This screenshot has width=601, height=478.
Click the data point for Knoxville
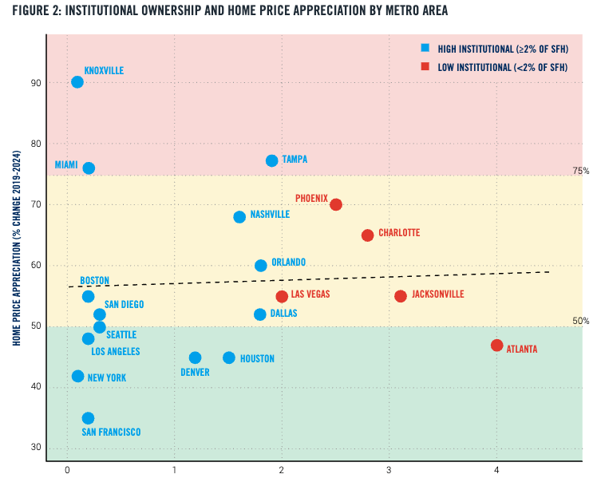click(x=77, y=82)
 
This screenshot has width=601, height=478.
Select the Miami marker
click(x=89, y=168)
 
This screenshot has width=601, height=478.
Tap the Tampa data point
click(x=272, y=160)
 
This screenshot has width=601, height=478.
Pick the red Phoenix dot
click(x=336, y=204)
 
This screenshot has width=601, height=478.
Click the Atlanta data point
click(x=497, y=346)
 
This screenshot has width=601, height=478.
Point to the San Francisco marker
click(x=88, y=418)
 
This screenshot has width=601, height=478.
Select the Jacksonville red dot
click(x=401, y=296)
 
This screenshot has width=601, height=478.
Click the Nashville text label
click(x=269, y=215)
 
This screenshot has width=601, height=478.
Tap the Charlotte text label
click(x=398, y=233)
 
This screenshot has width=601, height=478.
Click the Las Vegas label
click(x=310, y=294)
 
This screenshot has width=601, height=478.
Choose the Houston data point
click(x=229, y=358)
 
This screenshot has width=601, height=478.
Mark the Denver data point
click(x=196, y=358)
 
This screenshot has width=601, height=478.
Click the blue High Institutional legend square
click(x=426, y=49)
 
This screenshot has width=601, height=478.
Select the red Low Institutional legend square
click(x=426, y=67)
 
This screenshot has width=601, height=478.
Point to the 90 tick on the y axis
click(x=34, y=83)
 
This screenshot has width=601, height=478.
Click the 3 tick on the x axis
click(x=389, y=469)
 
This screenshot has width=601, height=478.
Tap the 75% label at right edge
click(x=580, y=172)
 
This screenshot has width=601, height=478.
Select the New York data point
click(x=78, y=376)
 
